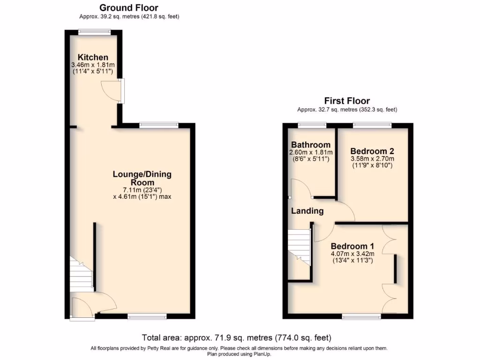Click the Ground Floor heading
(x=129, y=7)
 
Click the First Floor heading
(x=347, y=101)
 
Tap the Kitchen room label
(x=93, y=57)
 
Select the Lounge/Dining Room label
(x=142, y=178)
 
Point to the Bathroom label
(x=311, y=145)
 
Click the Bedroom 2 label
(x=372, y=151)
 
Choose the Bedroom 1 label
(x=352, y=246)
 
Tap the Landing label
(x=307, y=211)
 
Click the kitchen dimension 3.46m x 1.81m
(x=93, y=65)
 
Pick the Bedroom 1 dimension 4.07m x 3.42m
(x=352, y=254)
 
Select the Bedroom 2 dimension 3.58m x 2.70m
(x=372, y=159)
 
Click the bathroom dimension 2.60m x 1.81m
(x=311, y=152)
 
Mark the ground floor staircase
(x=81, y=274)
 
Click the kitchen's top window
(x=95, y=32)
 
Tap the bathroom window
(x=313, y=125)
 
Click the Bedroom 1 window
(x=361, y=317)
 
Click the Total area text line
(x=237, y=337)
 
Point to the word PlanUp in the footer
(x=262, y=354)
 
